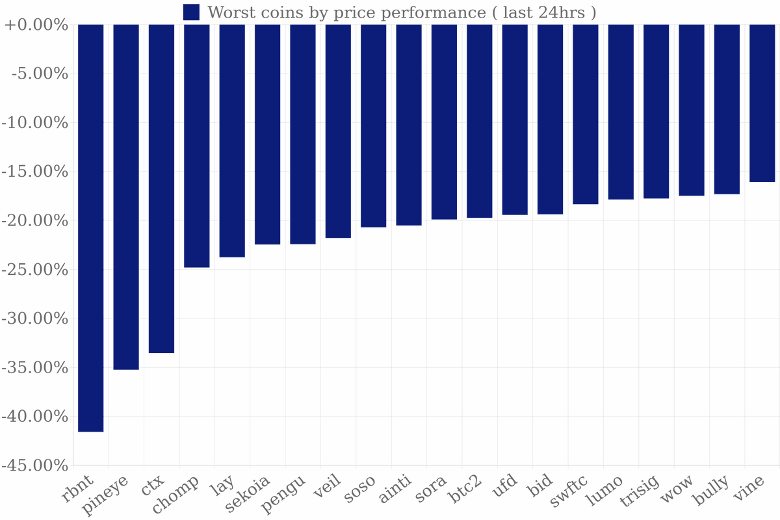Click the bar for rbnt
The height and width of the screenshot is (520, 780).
coord(90,227)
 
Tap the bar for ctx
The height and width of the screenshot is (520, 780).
coord(161,188)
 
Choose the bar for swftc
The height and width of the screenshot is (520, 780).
coord(586,114)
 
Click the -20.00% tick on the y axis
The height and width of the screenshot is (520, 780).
coord(36,220)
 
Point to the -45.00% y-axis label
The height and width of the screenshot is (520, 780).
coord(36,465)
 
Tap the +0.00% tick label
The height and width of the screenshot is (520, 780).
coord(36,25)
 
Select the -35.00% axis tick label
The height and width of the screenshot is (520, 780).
coord(36,367)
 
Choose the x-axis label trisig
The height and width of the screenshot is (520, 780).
coord(640,492)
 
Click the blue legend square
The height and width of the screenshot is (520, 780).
coord(191,12)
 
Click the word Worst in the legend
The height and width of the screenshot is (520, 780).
coord(227,12)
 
